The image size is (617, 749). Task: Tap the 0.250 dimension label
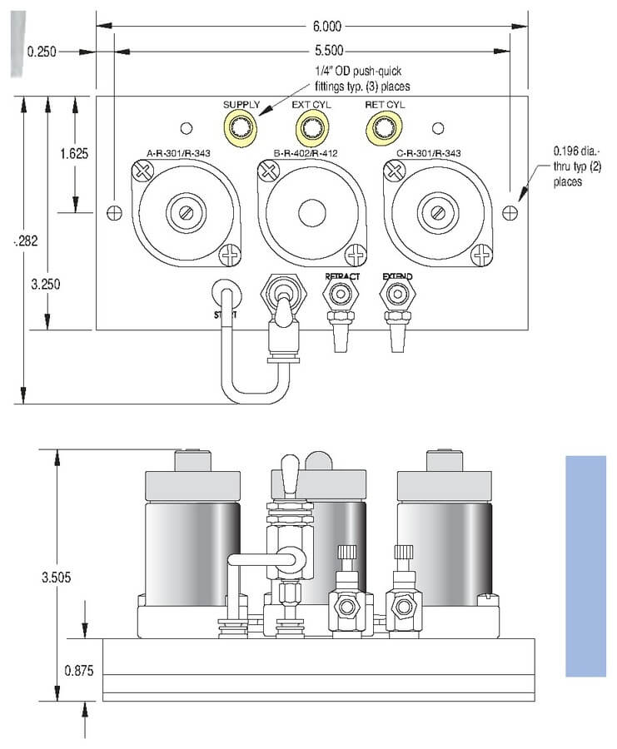click(42, 52)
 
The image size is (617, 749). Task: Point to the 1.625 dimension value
click(75, 154)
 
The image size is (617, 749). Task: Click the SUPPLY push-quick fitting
click(241, 127)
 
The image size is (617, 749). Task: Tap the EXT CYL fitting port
click(312, 127)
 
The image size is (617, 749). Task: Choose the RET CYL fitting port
click(385, 127)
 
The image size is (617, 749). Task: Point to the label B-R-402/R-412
click(309, 153)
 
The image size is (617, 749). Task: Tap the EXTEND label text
click(397, 276)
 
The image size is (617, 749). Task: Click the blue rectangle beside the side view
click(585, 566)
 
